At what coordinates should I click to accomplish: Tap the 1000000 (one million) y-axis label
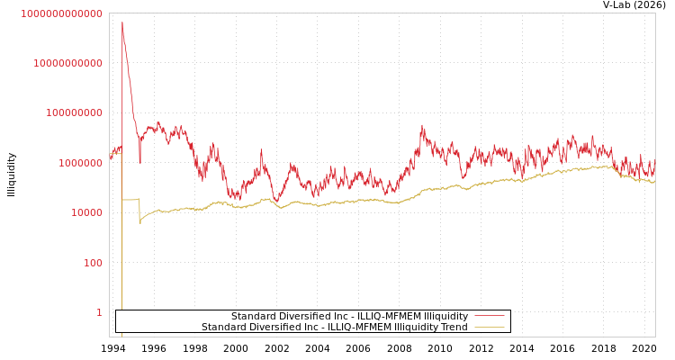(x=80, y=163)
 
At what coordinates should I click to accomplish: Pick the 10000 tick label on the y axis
(x=86, y=213)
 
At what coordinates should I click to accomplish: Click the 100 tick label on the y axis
(x=93, y=263)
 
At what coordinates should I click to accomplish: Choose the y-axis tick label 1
(x=99, y=312)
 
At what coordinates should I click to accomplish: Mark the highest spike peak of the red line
(x=122, y=22)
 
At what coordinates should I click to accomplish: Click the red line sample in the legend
(x=489, y=316)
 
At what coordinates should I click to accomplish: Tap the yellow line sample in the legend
(x=489, y=327)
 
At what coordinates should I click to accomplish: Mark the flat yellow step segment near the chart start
(x=130, y=199)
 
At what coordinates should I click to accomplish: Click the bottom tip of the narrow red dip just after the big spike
(x=139, y=163)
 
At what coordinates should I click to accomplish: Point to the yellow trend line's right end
(x=654, y=182)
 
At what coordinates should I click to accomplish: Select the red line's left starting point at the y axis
(x=110, y=157)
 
